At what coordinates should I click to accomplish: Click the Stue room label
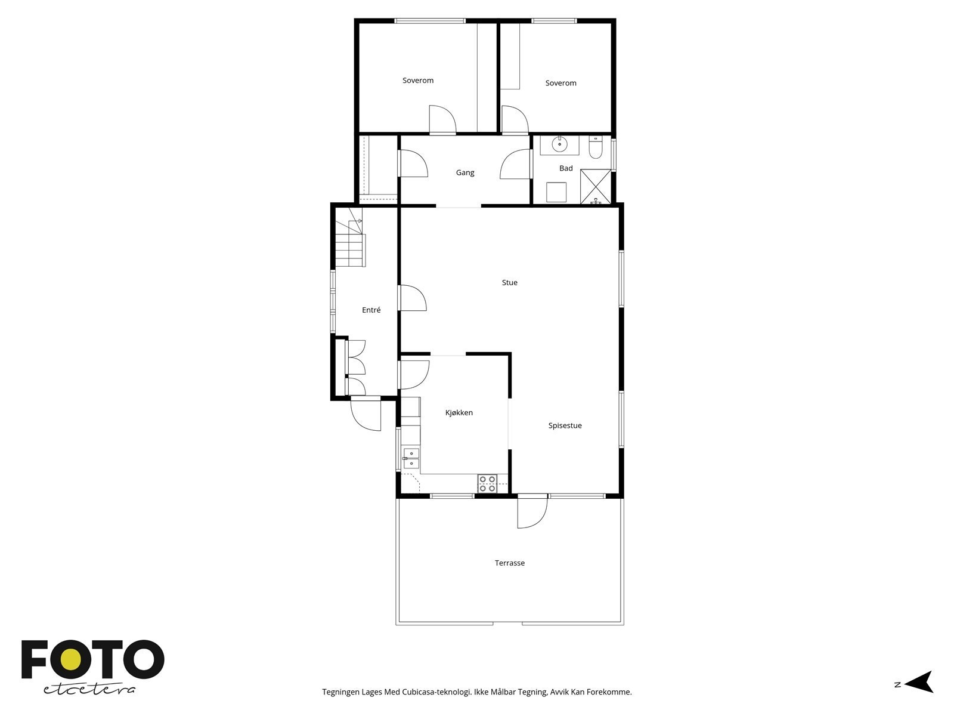(510, 283)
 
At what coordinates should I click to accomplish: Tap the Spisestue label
(565, 426)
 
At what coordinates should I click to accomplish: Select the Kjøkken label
(459, 413)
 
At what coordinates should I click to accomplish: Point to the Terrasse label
(510, 563)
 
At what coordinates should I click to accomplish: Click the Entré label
(371, 310)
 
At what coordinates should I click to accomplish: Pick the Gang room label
(465, 173)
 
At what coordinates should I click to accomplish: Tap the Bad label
(566, 169)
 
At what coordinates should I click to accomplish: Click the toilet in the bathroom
(596, 147)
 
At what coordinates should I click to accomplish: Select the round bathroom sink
(559, 144)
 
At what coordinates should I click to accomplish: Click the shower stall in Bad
(596, 186)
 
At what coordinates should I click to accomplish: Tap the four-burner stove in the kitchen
(487, 483)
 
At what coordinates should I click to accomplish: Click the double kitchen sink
(411, 458)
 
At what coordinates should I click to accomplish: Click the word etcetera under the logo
(89, 689)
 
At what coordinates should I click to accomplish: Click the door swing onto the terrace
(532, 512)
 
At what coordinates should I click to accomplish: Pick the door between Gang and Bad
(516, 164)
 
